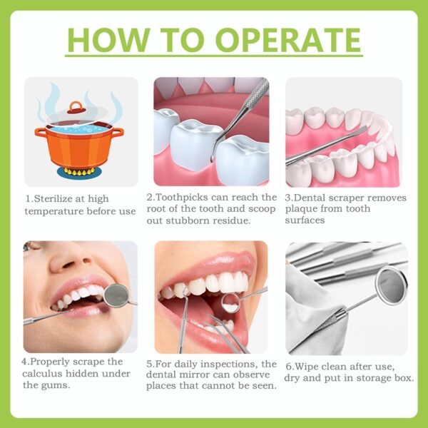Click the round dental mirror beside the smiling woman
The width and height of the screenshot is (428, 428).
(116, 295)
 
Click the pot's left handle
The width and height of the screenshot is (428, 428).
(40, 133)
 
